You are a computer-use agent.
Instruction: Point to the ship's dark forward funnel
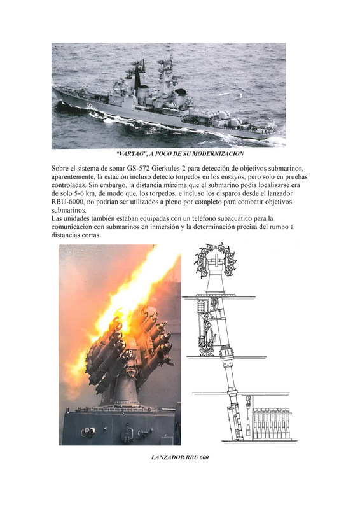point(137,79)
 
